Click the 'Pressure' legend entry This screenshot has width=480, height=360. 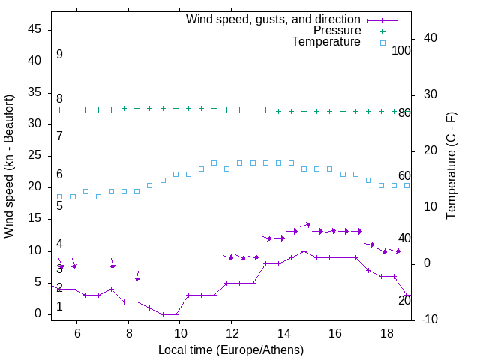(337, 31)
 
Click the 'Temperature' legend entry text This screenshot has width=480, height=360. (326, 43)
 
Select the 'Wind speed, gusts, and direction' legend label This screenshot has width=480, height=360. (274, 19)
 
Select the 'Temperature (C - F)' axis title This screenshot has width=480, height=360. (451, 166)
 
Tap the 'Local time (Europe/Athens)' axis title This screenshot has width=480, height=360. (231, 349)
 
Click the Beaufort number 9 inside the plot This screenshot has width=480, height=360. (59, 55)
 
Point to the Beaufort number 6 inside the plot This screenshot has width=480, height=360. (59, 175)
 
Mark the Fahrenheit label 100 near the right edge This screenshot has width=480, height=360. (401, 51)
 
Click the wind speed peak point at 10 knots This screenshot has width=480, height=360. (304, 252)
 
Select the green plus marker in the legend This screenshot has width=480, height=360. (382, 31)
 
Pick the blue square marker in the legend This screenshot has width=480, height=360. (382, 43)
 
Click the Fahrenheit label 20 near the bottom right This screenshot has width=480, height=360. (404, 300)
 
